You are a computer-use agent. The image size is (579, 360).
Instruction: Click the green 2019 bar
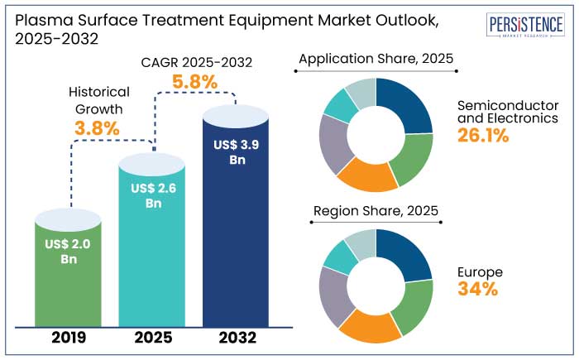tap(69, 281)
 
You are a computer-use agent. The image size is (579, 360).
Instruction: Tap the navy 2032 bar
tap(236, 240)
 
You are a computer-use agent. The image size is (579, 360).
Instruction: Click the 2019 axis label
tap(69, 338)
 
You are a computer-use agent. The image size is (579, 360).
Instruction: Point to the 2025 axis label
tap(153, 338)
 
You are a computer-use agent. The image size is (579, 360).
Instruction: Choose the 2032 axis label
tap(236, 338)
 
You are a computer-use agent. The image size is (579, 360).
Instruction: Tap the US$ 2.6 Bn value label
tap(153, 195)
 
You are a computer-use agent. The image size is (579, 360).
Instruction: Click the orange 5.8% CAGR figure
tap(194, 81)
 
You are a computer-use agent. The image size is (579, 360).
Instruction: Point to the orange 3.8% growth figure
tap(97, 128)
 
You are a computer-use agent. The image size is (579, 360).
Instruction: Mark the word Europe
tap(479, 271)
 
